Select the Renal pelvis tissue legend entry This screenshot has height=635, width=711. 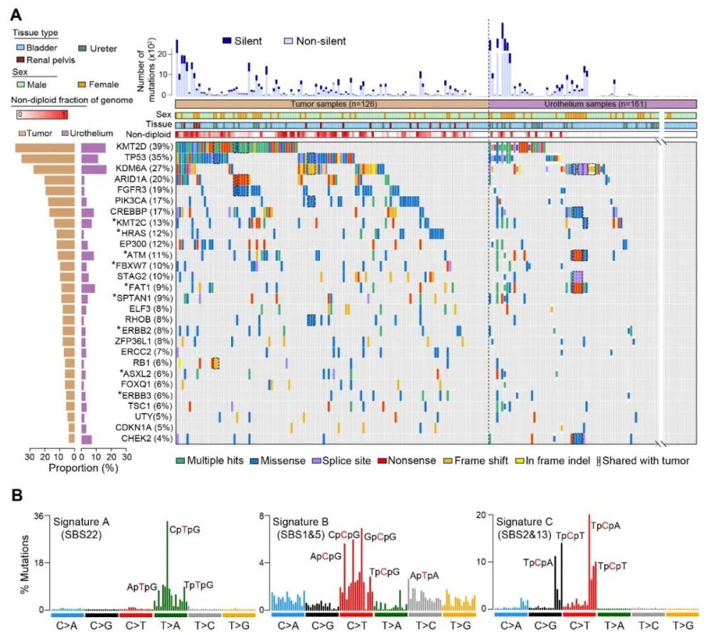[46, 60]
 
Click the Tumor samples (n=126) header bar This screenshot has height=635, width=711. [331, 104]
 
